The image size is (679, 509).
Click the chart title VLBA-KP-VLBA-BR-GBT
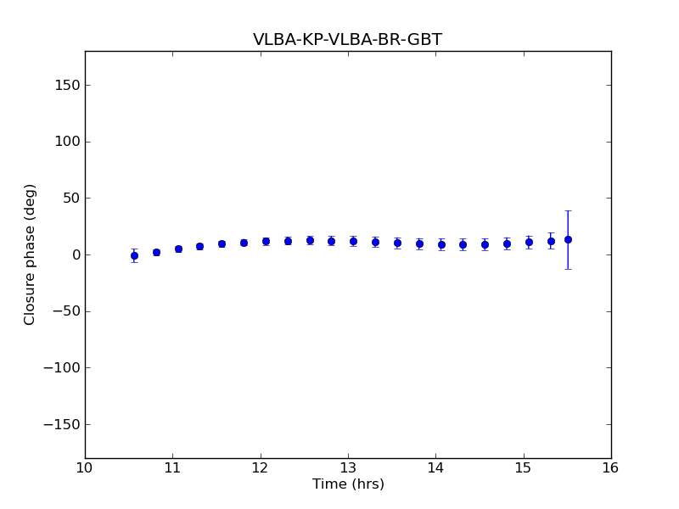pos(347,40)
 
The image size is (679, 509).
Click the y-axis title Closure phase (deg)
pos(31,255)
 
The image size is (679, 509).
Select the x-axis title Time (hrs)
pos(348,484)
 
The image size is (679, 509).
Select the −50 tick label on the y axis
pos(65,311)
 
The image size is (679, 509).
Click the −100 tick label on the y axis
pos(60,368)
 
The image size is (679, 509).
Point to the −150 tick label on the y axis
pos(60,424)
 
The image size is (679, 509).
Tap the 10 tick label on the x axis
pos(85,467)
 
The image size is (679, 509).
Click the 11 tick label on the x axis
pos(172,467)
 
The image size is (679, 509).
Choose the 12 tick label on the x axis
pos(261,467)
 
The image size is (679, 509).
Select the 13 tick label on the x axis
pos(348,467)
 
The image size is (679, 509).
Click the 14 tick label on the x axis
pos(435,467)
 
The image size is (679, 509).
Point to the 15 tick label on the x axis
pos(524,467)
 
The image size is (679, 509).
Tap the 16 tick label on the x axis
pos(611,467)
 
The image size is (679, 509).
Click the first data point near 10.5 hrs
pos(134,255)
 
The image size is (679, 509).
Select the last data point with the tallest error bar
pos(568,239)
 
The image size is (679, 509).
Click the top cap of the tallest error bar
pos(568,210)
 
